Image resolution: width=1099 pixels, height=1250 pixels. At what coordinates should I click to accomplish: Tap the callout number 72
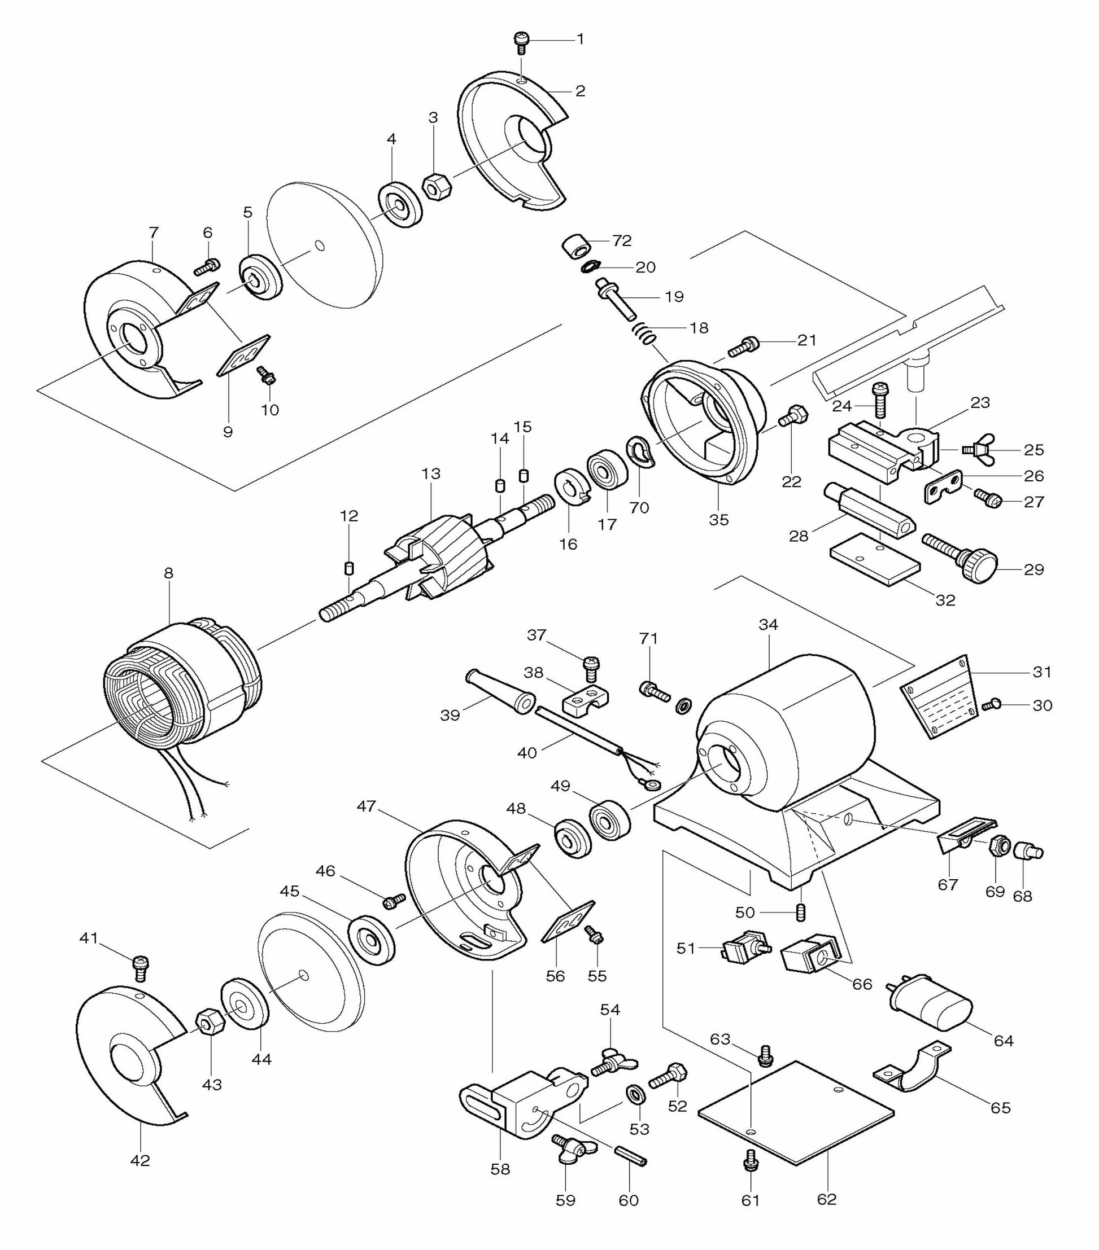click(x=621, y=241)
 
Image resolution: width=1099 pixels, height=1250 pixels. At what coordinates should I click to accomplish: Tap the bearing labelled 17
click(x=608, y=470)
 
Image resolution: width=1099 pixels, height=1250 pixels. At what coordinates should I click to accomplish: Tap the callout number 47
click(x=367, y=806)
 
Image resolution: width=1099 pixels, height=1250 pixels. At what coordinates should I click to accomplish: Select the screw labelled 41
click(x=140, y=966)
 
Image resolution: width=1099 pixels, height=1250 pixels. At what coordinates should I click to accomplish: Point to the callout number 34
click(x=768, y=625)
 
